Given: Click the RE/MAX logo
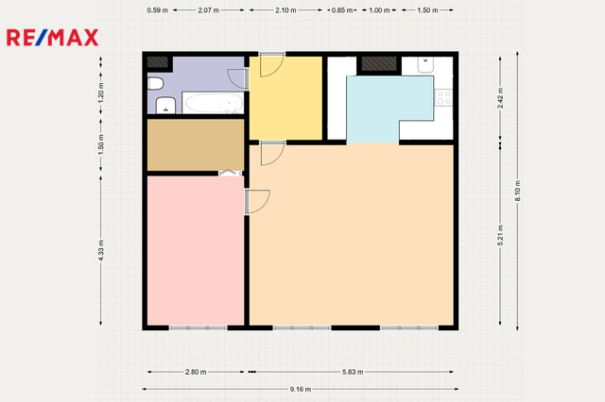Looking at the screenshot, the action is tap(53, 38).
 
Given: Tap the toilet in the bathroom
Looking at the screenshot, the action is tap(155, 84).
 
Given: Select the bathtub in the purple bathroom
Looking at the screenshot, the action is tap(213, 103).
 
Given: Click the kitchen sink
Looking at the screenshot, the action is tap(425, 65).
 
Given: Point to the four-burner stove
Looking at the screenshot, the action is tap(443, 97).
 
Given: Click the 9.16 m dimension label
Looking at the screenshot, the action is tap(301, 390).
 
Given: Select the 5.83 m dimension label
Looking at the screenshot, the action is tap(353, 372).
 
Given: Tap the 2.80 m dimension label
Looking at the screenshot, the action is tap(196, 372).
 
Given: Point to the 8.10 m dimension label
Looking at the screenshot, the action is tap(518, 191).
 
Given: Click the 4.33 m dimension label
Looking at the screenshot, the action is tap(101, 250).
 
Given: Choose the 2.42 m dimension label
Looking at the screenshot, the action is tap(500, 98).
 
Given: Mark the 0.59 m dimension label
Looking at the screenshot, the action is tap(158, 10).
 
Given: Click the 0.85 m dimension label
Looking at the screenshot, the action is tap(342, 10).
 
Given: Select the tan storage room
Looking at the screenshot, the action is tap(196, 144).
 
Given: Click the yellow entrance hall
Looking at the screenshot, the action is tap(285, 98).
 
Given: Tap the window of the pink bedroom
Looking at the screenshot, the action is tap(198, 328).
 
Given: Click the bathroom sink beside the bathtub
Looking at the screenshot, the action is tap(166, 106).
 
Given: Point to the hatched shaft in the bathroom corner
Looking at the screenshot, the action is tap(158, 62).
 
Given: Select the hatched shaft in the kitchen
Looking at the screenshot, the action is tap(379, 64).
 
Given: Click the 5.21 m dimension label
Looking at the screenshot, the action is tap(500, 235).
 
